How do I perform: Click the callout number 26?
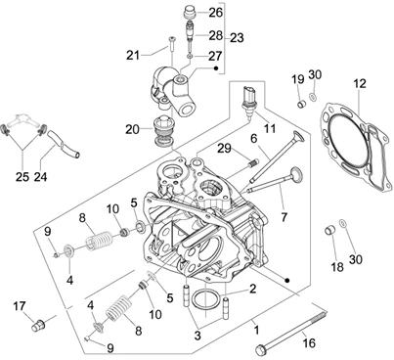[215, 13]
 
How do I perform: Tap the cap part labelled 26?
[190, 12]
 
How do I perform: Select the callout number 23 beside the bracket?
[237, 38]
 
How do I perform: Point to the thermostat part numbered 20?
[164, 131]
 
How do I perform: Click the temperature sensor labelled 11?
[248, 100]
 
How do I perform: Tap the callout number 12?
[360, 84]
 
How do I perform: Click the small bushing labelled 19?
[302, 105]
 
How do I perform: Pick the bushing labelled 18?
[329, 230]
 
